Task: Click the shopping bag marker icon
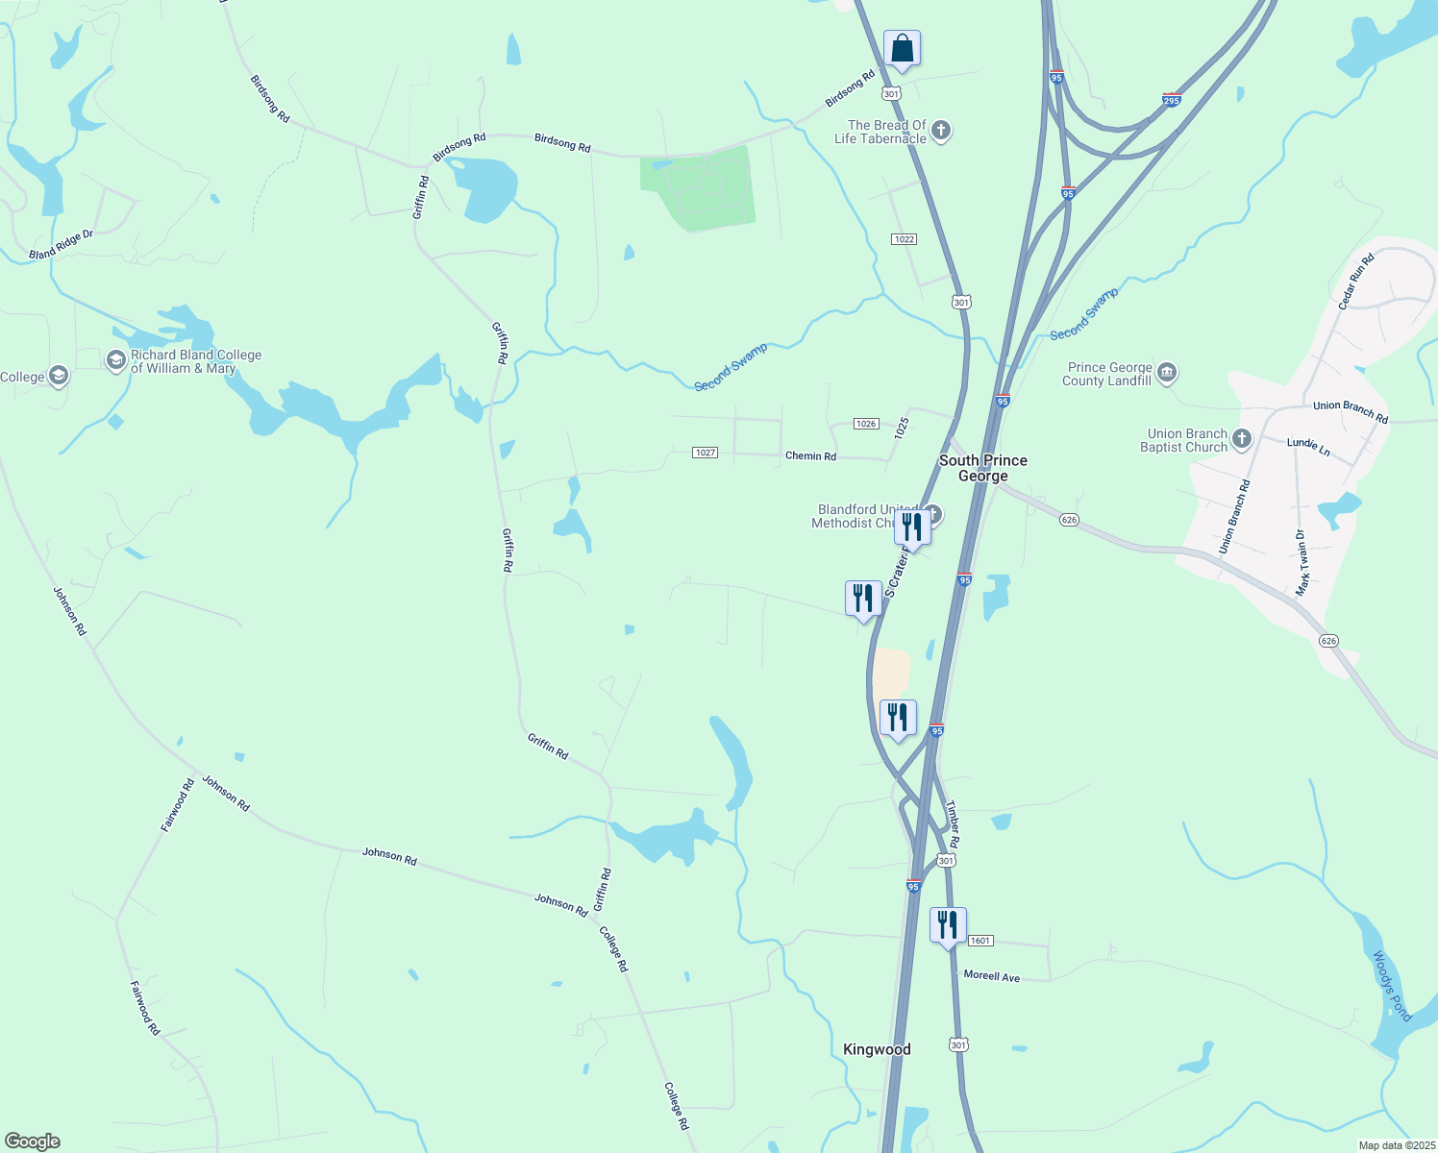point(902,47)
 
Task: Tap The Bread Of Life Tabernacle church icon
point(941,131)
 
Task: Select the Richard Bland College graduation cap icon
point(116,360)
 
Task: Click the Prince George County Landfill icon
point(1167,373)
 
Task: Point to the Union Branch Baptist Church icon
point(1242,440)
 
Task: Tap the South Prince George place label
point(982,468)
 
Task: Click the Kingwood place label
point(877,1049)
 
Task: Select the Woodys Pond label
point(1391,986)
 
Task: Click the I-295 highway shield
point(1171,100)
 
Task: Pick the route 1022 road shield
point(904,239)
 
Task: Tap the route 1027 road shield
point(706,453)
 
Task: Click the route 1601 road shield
point(979,941)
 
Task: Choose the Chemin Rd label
point(810,456)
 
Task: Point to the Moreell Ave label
point(991,976)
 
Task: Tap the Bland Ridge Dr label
point(61,245)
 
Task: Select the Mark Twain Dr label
point(1302,563)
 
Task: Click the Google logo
point(33,1141)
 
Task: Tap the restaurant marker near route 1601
point(948,925)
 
